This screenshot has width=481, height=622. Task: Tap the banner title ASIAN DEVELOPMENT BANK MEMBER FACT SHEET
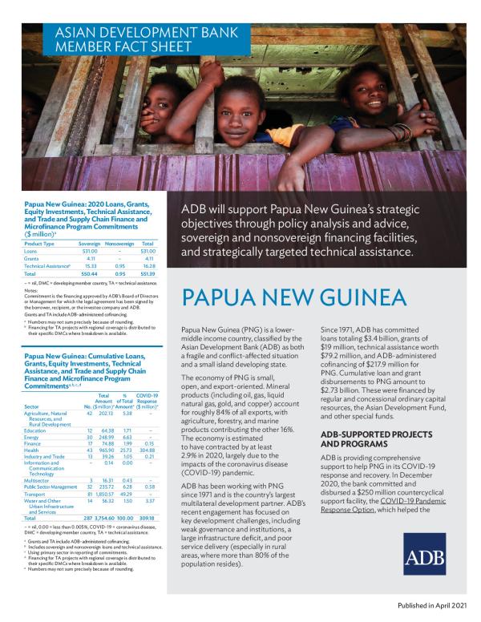click(x=111, y=41)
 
